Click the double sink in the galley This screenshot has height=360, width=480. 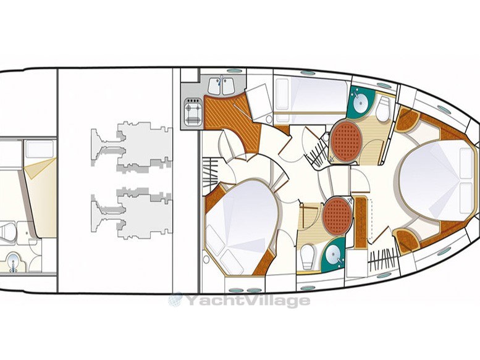(x=221, y=86)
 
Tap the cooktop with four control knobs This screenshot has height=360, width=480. (x=193, y=112)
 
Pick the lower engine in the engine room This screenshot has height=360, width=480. (x=132, y=213)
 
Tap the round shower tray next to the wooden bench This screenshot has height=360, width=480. (x=338, y=216)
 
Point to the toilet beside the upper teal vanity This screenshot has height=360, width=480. (x=382, y=109)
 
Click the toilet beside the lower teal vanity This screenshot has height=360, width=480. (x=308, y=256)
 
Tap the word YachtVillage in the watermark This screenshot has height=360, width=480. (x=248, y=300)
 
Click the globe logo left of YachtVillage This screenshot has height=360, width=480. (x=175, y=299)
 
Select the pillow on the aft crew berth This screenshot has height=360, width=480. (x=40, y=149)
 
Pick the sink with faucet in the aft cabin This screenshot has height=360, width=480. (x=14, y=262)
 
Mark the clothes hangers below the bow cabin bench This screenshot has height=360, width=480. (x=382, y=260)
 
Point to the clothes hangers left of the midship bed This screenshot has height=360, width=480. (x=211, y=174)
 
